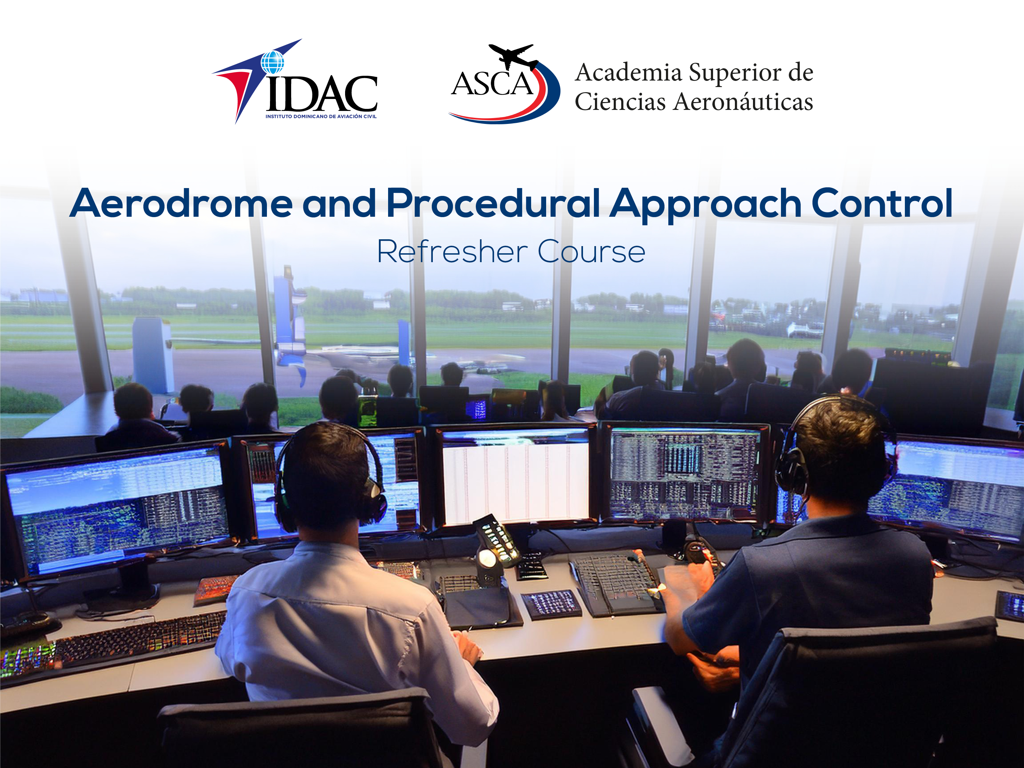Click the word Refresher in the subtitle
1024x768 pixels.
pyautogui.click(x=452, y=252)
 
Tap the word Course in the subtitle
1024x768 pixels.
pyautogui.click(x=591, y=252)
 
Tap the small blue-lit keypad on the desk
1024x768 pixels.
pyautogui.click(x=551, y=605)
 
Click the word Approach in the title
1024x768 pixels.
pyautogui.click(x=706, y=204)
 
